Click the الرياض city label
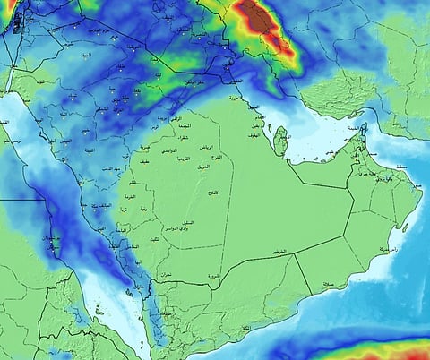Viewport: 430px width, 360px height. pos(206,146)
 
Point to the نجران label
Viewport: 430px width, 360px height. pos(165,273)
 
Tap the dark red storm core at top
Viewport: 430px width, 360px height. pos(259,15)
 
